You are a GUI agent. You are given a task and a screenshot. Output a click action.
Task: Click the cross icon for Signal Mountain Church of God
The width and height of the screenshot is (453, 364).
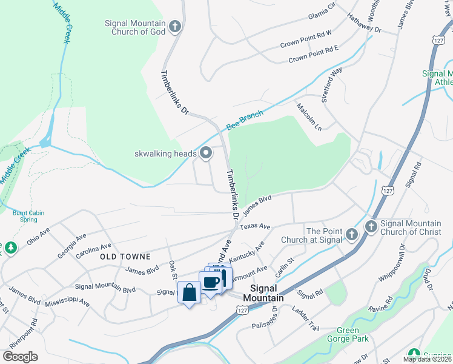pyautogui.click(x=175, y=26)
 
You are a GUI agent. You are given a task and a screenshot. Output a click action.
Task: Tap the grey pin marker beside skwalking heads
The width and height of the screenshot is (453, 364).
pyautogui.click(x=206, y=153)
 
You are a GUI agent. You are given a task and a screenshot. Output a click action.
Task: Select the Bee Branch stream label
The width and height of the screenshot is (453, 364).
pyautogui.click(x=245, y=120)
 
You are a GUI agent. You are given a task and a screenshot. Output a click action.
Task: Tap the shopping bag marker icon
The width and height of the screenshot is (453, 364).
pyautogui.click(x=190, y=292)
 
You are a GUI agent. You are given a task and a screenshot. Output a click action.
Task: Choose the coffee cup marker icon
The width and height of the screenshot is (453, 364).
pyautogui.click(x=211, y=282)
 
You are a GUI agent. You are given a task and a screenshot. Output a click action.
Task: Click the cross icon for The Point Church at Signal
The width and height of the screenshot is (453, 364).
pyautogui.click(x=351, y=234)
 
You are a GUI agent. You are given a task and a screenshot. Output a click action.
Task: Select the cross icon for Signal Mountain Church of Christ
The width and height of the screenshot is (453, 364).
pyautogui.click(x=371, y=227)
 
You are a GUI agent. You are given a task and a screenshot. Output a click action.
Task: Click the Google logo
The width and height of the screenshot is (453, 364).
pyautogui.click(x=21, y=356)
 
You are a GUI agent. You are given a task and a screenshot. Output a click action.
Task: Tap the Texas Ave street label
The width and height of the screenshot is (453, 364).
pyautogui.click(x=254, y=226)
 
